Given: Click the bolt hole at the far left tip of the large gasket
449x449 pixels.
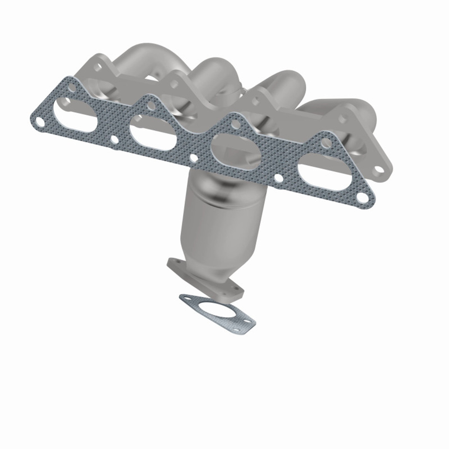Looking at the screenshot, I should pos(41,123).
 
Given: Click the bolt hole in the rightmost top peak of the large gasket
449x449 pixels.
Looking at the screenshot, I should pos(327,142).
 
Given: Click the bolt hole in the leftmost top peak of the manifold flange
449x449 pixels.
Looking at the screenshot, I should pos(100,67).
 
